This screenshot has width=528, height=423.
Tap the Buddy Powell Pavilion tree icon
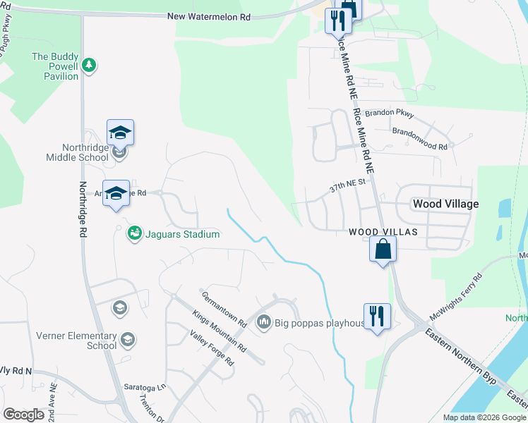coord(89,66)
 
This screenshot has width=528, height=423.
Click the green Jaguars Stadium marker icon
coord(134,233)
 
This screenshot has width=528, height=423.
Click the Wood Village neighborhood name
coord(445,204)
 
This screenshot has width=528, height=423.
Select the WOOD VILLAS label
coord(383,232)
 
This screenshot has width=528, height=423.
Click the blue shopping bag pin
coord(383,250)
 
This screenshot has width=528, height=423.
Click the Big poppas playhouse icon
coord(265,323)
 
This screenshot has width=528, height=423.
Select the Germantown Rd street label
coord(224,309)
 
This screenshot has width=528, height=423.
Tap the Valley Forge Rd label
coord(207,348)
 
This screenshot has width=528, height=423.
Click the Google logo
coord(23,414)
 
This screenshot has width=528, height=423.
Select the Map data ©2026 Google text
coord(484,417)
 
